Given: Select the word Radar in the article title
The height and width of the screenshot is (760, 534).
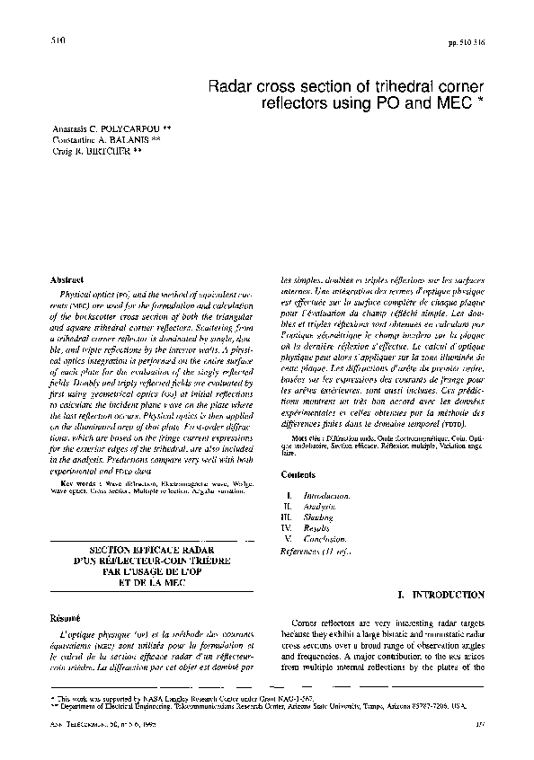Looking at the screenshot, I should [229, 87].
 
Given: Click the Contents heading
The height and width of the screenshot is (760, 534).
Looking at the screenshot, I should [298, 473].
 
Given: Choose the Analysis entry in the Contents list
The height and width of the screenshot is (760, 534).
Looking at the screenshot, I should [318, 507].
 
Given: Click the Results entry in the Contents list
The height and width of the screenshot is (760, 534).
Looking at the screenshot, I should [316, 528].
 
